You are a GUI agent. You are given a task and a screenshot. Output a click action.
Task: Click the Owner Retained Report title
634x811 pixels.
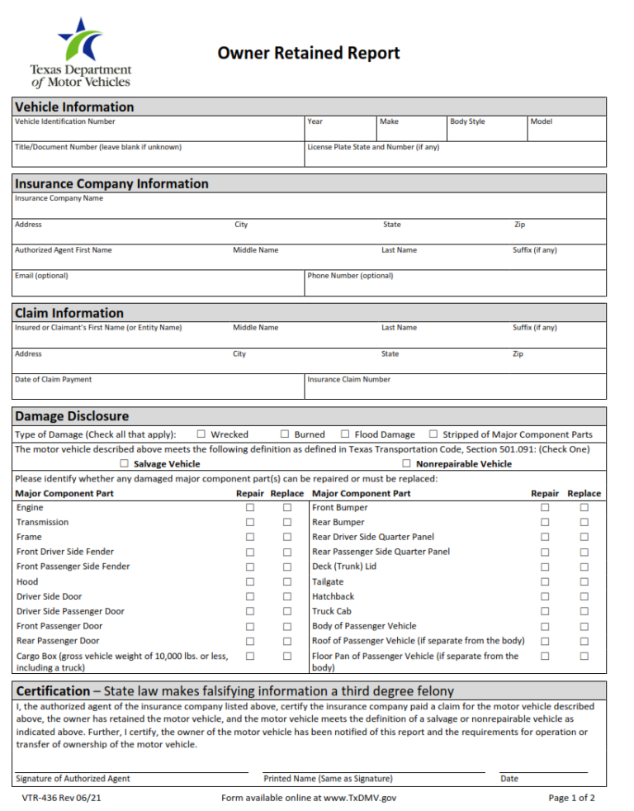(309, 54)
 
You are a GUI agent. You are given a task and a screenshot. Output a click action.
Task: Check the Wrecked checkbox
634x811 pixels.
(201, 434)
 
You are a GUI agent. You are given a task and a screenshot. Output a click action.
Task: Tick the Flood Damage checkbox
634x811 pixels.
(345, 434)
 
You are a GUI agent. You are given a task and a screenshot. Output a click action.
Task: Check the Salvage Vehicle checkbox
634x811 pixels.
(124, 464)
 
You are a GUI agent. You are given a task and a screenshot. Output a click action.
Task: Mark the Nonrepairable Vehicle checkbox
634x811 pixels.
(407, 464)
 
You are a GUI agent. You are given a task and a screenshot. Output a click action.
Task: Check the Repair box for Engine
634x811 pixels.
(249, 508)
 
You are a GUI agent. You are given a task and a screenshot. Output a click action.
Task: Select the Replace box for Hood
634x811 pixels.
(287, 582)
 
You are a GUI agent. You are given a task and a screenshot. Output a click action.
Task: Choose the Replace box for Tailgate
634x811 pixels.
(584, 582)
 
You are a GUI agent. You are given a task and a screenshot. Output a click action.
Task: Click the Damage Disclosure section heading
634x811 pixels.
(72, 416)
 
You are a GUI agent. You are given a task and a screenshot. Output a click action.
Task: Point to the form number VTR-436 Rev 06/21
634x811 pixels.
(63, 799)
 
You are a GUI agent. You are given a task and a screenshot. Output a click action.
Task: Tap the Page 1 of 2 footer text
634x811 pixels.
(571, 799)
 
